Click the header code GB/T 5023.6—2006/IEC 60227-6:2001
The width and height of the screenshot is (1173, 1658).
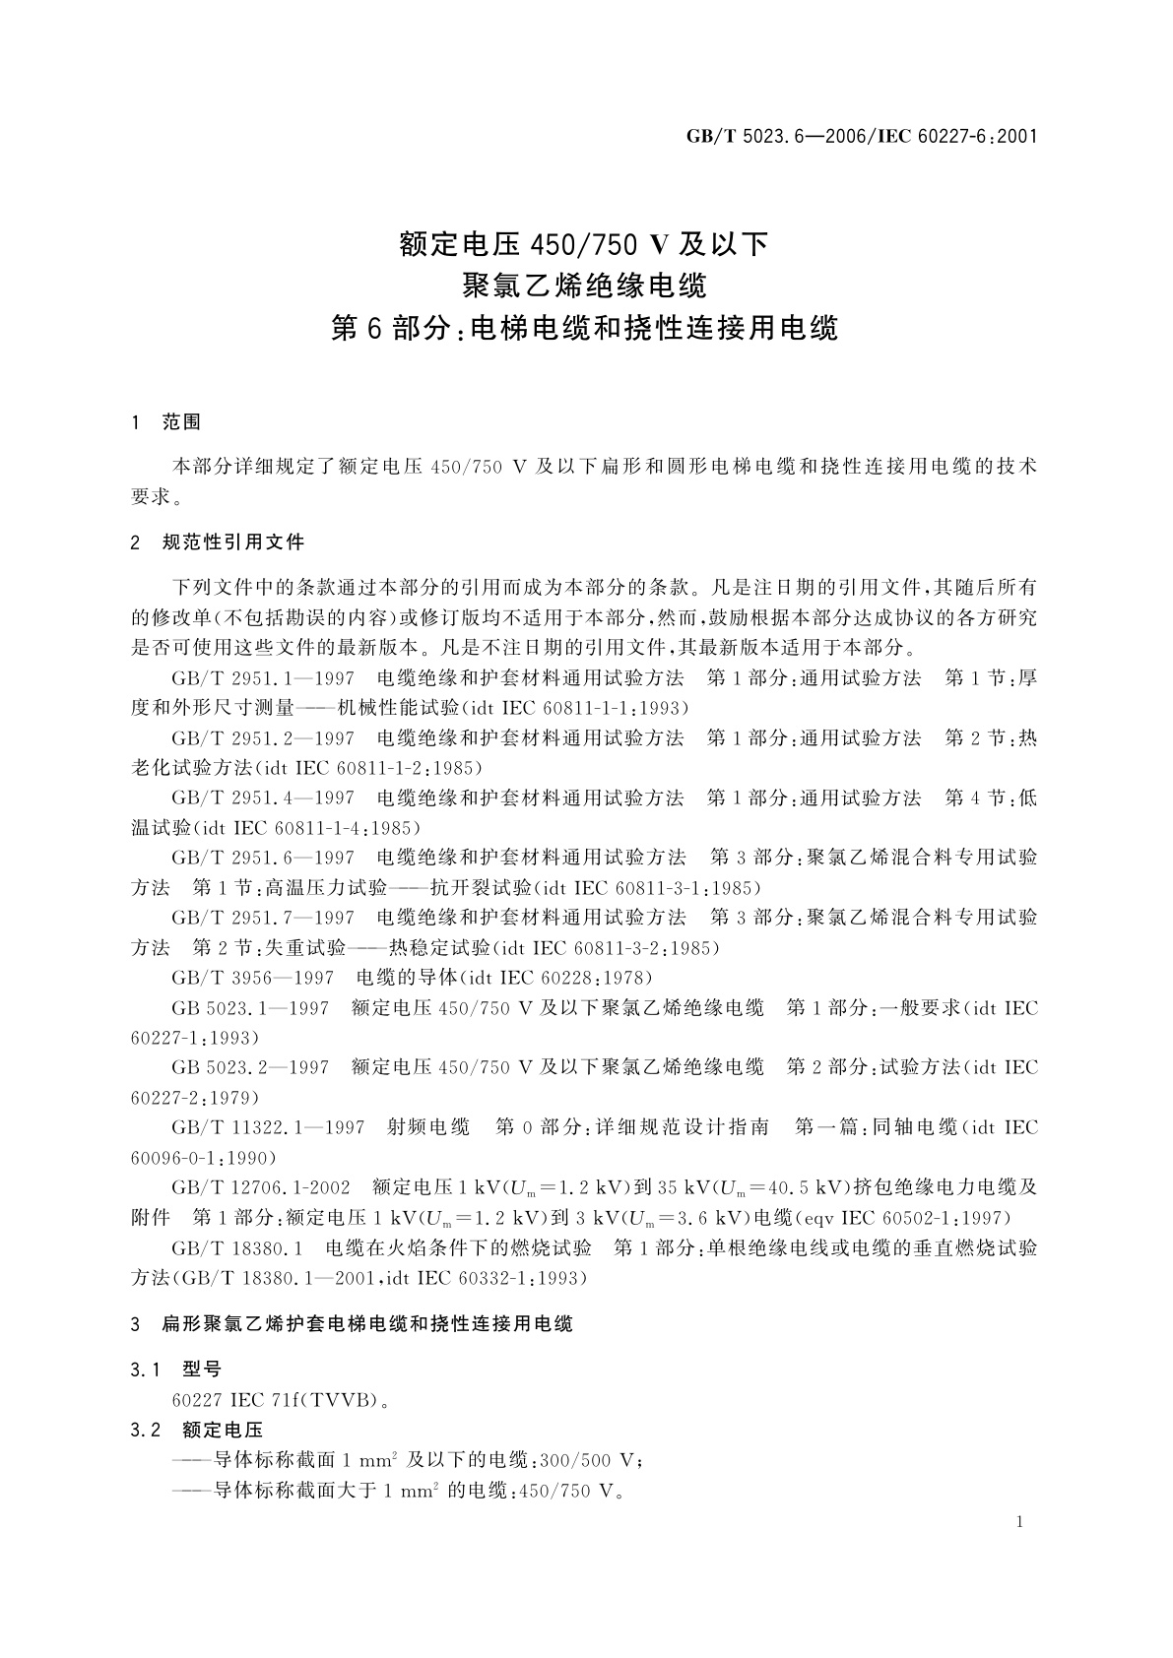click(862, 136)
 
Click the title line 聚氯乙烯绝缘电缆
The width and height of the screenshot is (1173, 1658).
click(585, 286)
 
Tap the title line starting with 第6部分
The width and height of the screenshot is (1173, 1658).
click(585, 328)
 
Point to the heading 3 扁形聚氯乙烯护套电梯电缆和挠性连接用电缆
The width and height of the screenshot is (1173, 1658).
click(352, 1324)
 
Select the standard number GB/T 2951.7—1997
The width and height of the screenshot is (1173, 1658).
click(263, 918)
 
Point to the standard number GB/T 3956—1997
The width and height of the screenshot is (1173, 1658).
click(253, 978)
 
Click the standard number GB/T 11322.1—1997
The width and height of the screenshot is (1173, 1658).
click(268, 1127)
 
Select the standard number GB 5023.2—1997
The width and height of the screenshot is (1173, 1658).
click(250, 1067)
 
